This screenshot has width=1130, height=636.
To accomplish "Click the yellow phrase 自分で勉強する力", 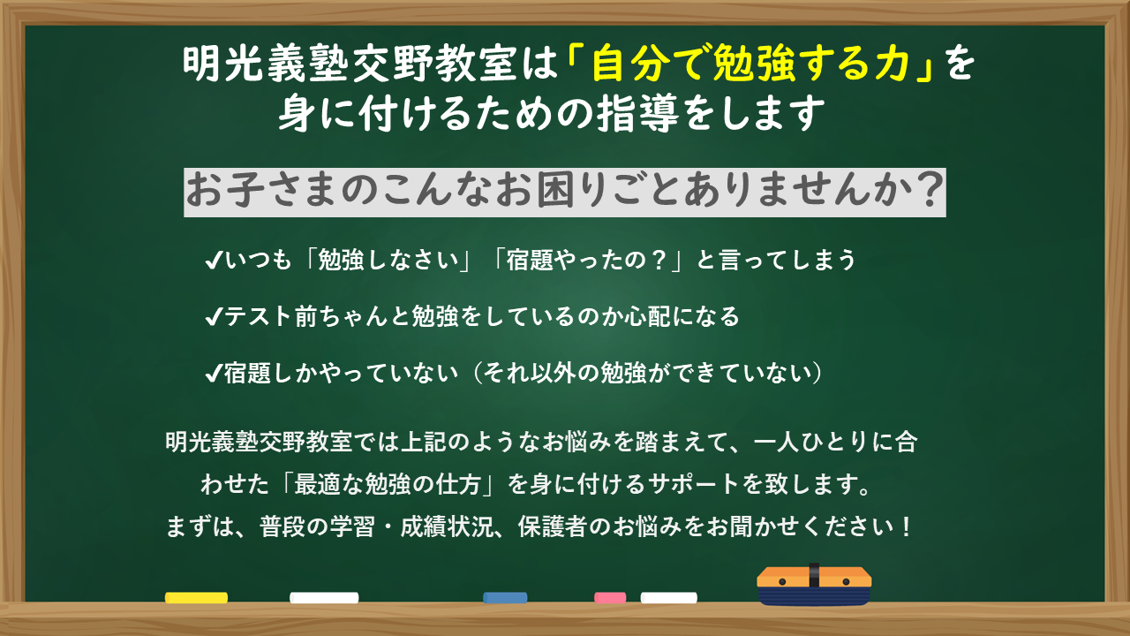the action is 750,64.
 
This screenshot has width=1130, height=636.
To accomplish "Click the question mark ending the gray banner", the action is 929,190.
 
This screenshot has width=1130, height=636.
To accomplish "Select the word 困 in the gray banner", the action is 555,191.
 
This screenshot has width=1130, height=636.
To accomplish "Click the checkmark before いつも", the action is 214,261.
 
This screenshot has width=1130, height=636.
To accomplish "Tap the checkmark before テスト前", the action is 214,317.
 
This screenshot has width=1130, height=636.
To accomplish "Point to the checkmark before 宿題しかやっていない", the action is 214,374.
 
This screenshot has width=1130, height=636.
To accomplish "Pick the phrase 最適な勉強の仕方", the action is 387,484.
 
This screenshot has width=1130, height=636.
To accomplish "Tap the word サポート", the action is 693,484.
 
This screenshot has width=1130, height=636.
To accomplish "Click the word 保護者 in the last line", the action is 553,526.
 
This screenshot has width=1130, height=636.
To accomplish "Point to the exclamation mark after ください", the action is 906,526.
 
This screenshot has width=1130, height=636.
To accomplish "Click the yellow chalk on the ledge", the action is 196,598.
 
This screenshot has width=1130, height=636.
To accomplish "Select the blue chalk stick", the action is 505,598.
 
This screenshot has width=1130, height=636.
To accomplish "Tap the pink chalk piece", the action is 610,598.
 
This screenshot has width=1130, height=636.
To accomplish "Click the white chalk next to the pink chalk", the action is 668,598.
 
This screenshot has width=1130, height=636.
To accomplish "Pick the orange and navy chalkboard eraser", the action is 814,586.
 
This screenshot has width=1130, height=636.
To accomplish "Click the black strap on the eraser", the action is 814,575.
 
